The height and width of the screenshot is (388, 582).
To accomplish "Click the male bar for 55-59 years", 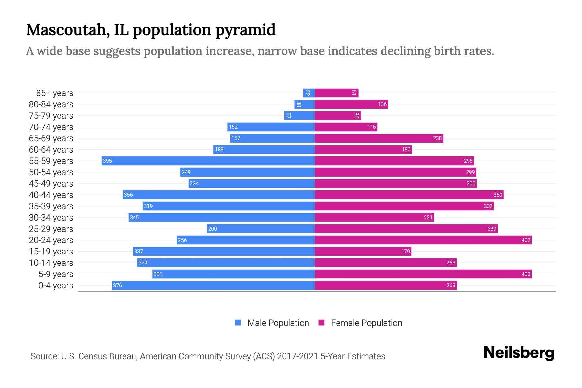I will [x=208, y=161].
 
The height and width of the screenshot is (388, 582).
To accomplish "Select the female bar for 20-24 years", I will [x=423, y=240].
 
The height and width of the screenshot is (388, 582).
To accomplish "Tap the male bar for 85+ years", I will [x=309, y=93].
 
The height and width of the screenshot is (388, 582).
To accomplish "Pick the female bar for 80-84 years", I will [x=351, y=104].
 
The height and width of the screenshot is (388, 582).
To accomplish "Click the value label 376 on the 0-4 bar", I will [x=118, y=285].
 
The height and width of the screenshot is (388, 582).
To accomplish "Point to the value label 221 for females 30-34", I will [x=428, y=217].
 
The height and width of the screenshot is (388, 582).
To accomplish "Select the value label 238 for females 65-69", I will [x=437, y=138].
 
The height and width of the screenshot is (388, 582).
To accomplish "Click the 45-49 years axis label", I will [x=51, y=183].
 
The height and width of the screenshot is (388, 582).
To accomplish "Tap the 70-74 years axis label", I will [x=51, y=127].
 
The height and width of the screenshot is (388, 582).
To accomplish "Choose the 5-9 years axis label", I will [x=56, y=274].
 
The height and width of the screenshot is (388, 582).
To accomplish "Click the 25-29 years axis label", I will [x=51, y=229].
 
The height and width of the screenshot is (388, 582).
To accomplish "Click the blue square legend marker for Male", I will [x=238, y=323].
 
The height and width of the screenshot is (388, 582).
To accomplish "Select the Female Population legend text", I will [x=366, y=323].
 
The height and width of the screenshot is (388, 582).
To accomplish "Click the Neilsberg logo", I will [x=519, y=353].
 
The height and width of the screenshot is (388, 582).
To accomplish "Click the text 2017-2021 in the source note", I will [x=297, y=356].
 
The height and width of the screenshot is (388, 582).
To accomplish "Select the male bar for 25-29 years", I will [x=261, y=229].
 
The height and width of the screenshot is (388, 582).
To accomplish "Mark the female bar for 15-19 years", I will [x=363, y=251].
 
